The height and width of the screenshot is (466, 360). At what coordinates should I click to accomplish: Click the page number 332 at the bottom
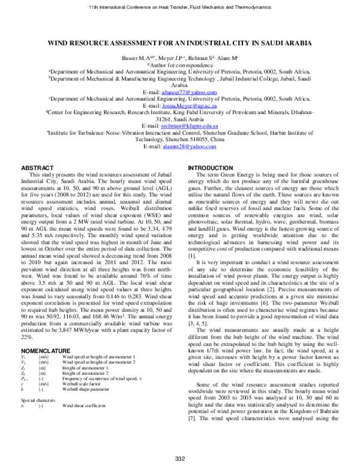(179, 459)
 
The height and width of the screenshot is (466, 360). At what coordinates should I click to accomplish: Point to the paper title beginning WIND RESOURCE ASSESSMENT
(179, 44)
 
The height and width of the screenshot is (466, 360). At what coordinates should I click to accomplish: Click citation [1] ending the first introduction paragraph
(192, 256)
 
